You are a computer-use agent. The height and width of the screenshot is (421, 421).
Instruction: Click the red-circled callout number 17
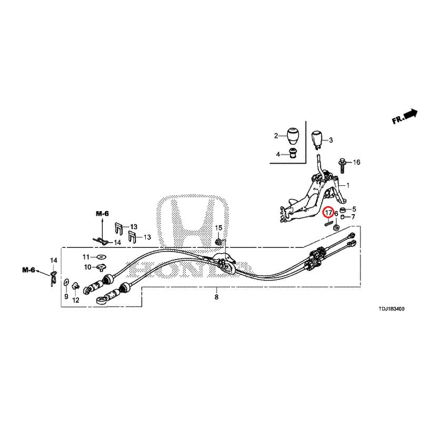(x=328, y=213)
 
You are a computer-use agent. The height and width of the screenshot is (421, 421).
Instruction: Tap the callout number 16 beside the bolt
(x=357, y=162)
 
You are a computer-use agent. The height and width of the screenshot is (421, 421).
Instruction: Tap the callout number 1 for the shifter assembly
(x=348, y=186)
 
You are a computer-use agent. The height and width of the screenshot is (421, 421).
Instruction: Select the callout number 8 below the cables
(x=216, y=297)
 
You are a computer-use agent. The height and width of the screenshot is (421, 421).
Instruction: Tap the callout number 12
(x=76, y=300)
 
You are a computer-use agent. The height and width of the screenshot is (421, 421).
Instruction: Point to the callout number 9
(x=66, y=297)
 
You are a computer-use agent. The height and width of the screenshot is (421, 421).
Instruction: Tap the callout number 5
(x=354, y=209)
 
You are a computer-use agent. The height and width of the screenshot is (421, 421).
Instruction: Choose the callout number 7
(x=353, y=217)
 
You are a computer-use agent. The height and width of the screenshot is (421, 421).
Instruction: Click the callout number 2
(x=276, y=136)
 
